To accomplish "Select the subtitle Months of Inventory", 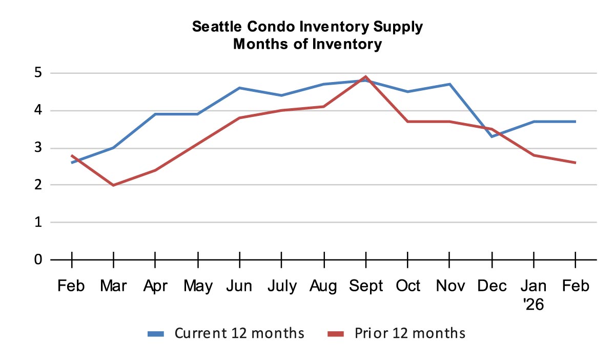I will (307, 44).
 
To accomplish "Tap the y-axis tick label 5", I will (38, 73).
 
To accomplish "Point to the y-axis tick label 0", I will (38, 259).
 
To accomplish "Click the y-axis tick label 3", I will (38, 148).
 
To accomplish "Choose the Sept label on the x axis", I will (365, 286).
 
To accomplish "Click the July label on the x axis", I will (281, 286).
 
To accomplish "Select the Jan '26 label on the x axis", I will (533, 295).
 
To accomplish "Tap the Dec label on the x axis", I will (491, 286).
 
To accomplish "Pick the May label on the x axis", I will (197, 286).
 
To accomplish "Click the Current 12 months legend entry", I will (226, 333).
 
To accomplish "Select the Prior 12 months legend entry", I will (397, 333).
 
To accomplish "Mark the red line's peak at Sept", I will (365, 77).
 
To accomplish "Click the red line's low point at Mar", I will (113, 185).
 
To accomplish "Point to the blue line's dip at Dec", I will (491, 136).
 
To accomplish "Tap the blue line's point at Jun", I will (239, 88).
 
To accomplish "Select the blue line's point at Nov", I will (449, 84).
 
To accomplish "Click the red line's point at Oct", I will (407, 122).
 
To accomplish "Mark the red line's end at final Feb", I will (575, 163).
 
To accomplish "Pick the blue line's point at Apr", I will (155, 114).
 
